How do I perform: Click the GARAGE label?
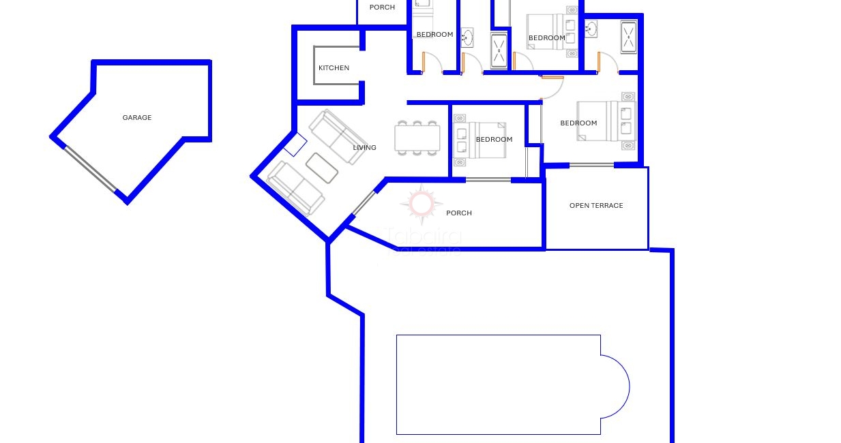(137, 118)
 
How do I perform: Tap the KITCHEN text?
(334, 68)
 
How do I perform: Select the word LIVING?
(364, 148)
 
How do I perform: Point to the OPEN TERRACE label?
(596, 206)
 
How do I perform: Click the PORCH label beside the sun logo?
(458, 213)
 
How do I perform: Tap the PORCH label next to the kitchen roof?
(382, 7)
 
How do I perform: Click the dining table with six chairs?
(416, 138)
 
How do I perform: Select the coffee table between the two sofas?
(322, 168)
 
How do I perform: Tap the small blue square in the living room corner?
(295, 144)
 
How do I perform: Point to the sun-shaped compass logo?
(421, 204)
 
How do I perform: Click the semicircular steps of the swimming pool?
(615, 386)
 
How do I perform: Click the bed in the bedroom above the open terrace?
(599, 121)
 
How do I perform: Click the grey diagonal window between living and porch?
(365, 203)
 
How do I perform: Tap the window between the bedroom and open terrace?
(591, 165)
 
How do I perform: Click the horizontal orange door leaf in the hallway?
(552, 78)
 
